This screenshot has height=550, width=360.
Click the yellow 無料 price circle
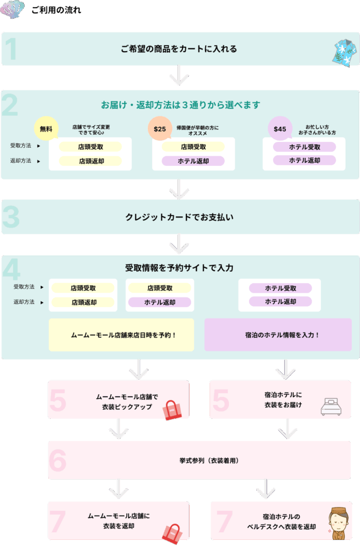46,129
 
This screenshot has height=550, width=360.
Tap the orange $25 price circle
160,129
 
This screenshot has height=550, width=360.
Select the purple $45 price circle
280,129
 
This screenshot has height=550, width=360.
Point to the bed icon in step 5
331,407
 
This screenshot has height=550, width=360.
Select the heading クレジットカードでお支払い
179,218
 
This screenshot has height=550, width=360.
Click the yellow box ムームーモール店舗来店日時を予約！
121,335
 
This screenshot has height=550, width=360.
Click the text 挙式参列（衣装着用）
208,460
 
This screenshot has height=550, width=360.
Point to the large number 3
11,218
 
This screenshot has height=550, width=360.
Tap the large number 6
57,460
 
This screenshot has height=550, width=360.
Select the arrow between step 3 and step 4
179,245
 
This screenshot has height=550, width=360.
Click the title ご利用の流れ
56,10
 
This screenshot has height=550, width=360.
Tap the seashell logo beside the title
12,9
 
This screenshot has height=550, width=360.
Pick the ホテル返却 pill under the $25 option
193,161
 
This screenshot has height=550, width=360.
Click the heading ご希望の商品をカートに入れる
179,49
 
